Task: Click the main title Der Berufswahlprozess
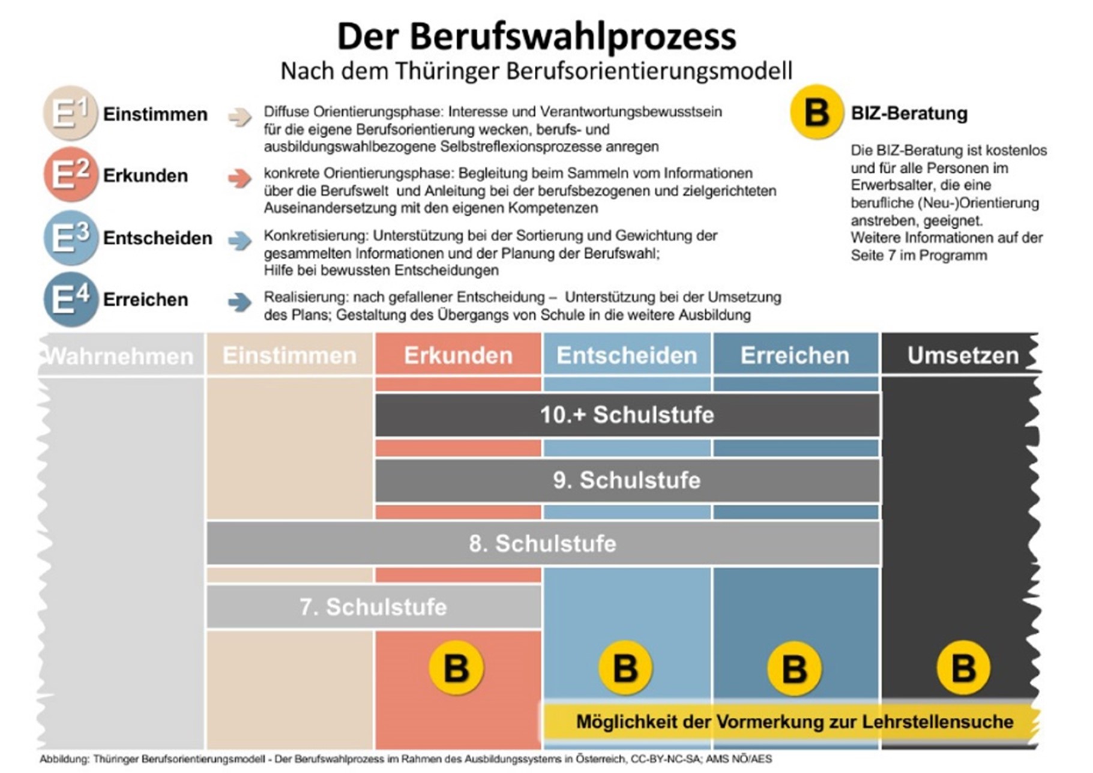click(536, 36)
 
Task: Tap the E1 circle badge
click(70, 113)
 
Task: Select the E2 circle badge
click(70, 175)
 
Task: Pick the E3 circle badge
click(70, 238)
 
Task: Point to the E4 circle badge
click(70, 299)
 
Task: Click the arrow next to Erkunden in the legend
click(239, 178)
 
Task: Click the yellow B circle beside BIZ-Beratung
click(816, 112)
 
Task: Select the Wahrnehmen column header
click(120, 356)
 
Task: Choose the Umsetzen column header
click(962, 355)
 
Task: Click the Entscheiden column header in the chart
click(627, 355)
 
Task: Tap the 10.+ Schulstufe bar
click(627, 415)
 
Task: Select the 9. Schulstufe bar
click(627, 480)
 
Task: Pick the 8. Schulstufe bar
click(543, 544)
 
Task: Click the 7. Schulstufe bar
click(373, 607)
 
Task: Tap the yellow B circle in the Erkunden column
click(456, 668)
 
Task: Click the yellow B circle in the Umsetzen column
click(963, 668)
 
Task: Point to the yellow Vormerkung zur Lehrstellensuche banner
click(793, 721)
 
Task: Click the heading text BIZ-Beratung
click(909, 113)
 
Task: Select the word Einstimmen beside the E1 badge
click(155, 114)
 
